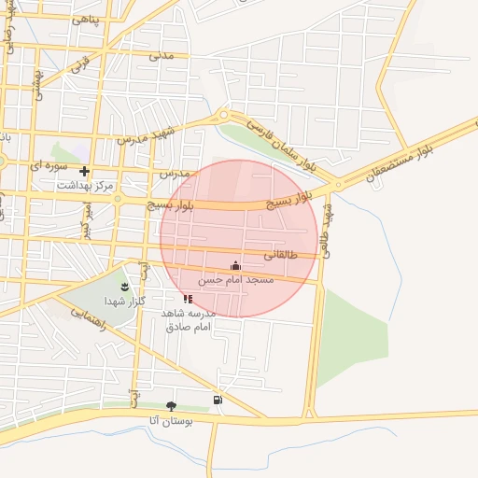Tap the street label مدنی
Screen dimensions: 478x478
[x=162, y=54]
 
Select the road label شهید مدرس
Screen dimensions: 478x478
[x=146, y=134]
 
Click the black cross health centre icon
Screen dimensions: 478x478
[x=84, y=171]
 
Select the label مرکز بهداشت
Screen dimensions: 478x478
[x=85, y=186]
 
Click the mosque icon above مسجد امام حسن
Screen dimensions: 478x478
[x=234, y=266]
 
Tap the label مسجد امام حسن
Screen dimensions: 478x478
[x=236, y=280]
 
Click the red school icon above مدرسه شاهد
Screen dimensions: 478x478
[x=189, y=299]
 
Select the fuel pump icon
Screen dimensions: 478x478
[x=218, y=400]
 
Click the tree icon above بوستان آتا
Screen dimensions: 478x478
[x=171, y=406]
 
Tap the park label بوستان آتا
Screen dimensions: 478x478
[x=170, y=421]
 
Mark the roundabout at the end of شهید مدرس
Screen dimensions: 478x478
[x=223, y=116]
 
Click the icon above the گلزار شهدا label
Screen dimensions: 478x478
[x=127, y=284]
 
